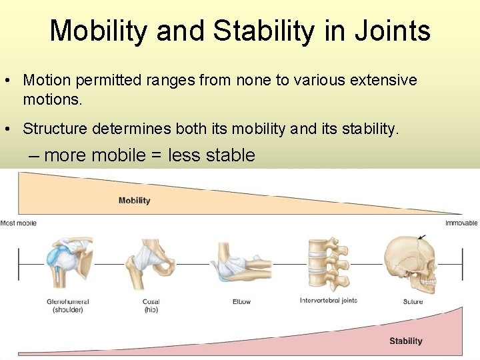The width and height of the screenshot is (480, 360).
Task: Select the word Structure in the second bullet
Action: coord(57,128)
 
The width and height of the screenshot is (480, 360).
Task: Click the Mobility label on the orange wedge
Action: coord(134,200)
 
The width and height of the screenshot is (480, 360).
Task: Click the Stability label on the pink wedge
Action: coord(405,341)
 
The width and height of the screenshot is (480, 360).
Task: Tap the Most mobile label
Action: coord(19,223)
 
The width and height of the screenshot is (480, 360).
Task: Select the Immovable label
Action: coord(461,223)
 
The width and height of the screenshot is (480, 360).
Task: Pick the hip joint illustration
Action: coord(153,263)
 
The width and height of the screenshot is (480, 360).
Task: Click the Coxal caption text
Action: coord(151,301)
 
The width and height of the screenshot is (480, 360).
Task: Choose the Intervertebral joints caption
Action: coord(329,301)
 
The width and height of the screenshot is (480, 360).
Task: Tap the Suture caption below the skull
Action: coord(413,301)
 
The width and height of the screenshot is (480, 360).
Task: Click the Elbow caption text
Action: coord(241,301)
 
